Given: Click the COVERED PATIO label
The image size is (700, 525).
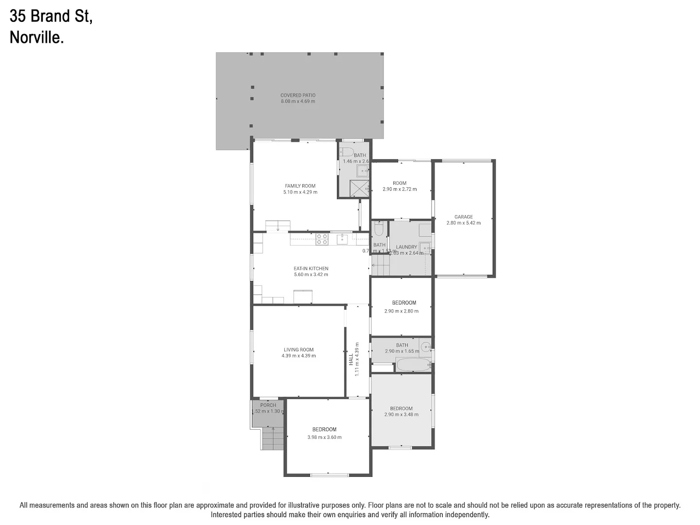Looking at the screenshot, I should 297,95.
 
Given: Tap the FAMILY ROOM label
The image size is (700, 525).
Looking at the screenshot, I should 300,186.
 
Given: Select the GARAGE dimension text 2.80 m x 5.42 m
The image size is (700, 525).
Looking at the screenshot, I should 463,223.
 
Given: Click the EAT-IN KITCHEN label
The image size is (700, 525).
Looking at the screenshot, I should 311,268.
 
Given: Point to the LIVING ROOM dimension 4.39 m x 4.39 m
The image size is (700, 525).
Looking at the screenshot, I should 298,356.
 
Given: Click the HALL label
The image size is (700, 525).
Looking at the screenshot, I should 350,360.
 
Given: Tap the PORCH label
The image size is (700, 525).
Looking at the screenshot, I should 268,405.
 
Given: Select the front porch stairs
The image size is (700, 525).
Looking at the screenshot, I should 273,438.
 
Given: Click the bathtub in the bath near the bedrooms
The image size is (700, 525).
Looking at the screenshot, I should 413,365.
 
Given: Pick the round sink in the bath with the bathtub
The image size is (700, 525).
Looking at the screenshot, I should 426,347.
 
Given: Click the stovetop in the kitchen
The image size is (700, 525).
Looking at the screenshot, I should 322,239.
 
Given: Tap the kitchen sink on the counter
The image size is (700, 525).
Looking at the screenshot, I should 342,239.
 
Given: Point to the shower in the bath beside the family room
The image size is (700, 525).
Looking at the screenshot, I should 360,188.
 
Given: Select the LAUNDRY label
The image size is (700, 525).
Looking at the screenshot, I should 406,247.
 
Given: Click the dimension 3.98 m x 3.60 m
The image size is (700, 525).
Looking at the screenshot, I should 324,437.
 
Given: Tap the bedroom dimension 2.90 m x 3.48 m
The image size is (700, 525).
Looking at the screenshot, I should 401,415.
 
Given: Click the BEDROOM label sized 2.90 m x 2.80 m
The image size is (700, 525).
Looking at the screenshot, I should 404,302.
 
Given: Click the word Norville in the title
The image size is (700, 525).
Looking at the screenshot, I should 36,37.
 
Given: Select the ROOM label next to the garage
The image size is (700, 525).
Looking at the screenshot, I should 399,183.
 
